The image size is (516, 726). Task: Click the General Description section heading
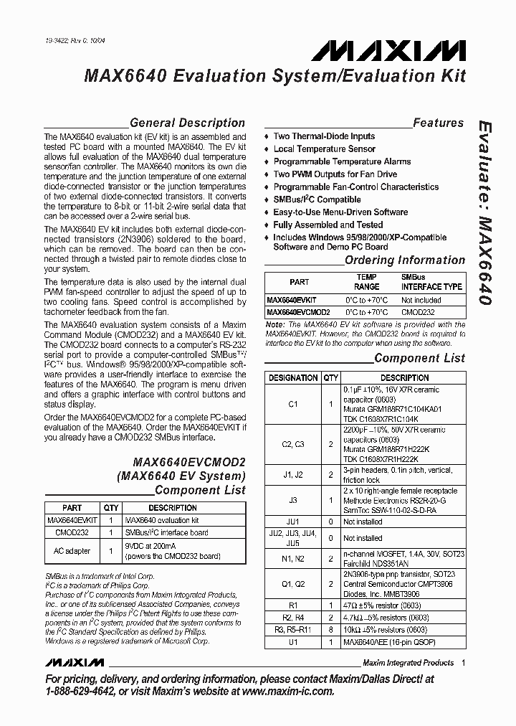(x=187, y=123)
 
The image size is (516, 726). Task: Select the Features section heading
(x=438, y=123)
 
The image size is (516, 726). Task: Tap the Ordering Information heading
(x=405, y=260)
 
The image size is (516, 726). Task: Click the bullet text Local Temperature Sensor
(x=324, y=148)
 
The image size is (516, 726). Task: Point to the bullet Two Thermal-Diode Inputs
(x=324, y=136)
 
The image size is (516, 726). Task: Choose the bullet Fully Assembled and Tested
(x=328, y=225)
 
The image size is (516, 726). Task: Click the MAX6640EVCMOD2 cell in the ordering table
(x=298, y=312)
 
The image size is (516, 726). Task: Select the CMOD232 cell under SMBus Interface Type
(x=415, y=312)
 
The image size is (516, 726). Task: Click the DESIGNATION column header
(x=292, y=377)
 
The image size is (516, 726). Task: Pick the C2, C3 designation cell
(x=292, y=444)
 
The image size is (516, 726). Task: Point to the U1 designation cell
(x=292, y=642)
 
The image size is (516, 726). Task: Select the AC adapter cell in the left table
(x=72, y=551)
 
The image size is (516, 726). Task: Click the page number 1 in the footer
(x=463, y=663)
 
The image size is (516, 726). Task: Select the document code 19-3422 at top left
(x=57, y=42)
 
